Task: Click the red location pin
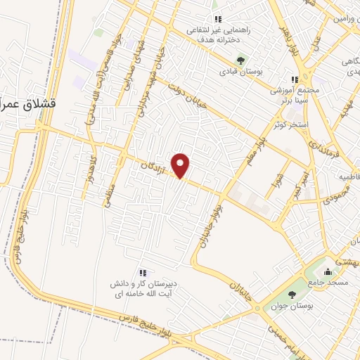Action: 181,165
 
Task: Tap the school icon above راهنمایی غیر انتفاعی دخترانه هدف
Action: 217,19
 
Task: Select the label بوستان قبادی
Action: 240,72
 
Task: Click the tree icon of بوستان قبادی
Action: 240,60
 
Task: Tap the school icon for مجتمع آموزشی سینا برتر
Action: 295,79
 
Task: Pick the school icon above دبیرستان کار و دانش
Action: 143,273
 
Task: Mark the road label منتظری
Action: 108,191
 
